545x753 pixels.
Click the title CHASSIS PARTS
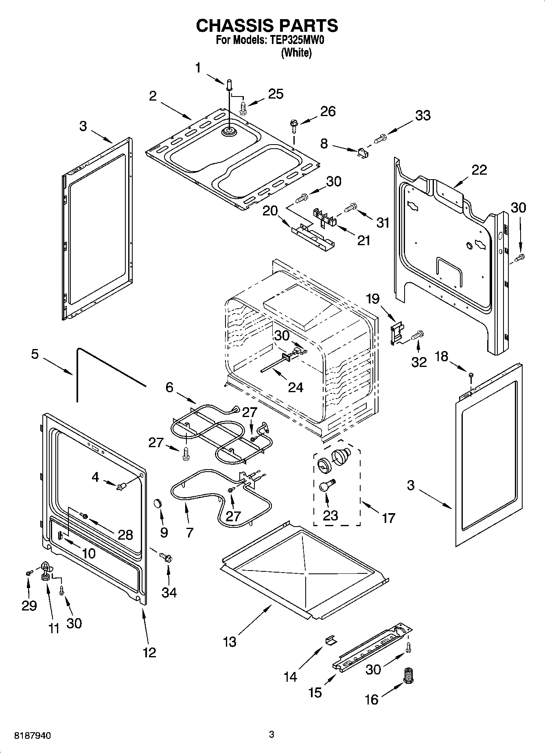tap(267, 26)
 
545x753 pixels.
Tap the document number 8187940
tap(33, 735)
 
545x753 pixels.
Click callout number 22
tap(479, 170)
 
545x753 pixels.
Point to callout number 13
tap(230, 642)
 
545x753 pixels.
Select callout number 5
tap(35, 354)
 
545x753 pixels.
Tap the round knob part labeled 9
tap(158, 504)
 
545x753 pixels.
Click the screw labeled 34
tap(167, 557)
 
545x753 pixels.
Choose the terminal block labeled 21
tap(324, 217)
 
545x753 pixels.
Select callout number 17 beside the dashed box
tap(388, 518)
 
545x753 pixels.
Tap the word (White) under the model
tap(296, 53)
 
